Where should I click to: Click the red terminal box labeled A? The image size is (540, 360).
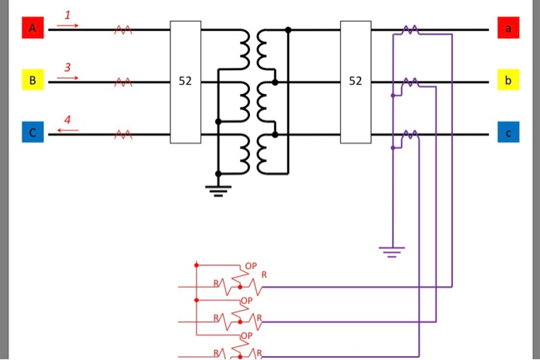point(32,29)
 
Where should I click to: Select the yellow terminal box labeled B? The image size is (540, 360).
point(32,80)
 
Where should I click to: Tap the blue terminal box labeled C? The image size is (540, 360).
point(32,133)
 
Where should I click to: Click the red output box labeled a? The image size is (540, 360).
point(508,29)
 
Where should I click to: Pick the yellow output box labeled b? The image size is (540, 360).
point(508,80)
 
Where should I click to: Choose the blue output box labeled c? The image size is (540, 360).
point(508,133)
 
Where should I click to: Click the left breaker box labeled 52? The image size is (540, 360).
point(185,82)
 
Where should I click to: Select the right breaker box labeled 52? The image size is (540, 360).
point(355,82)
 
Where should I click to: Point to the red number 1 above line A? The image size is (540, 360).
point(67,15)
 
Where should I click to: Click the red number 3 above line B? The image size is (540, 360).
point(67,67)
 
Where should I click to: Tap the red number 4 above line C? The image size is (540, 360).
point(67,119)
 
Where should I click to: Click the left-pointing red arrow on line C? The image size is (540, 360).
point(67,130)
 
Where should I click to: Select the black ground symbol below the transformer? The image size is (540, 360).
point(218,190)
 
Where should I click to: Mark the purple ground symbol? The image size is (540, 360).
point(392,251)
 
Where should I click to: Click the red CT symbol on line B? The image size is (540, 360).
point(123,81)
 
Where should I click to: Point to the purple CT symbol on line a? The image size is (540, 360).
point(410,29)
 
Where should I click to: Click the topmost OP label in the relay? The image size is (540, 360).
point(250,266)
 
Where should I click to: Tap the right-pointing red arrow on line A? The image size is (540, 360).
point(67,25)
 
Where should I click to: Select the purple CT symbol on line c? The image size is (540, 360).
point(410,134)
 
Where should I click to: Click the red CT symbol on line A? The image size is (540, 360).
point(123,29)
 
